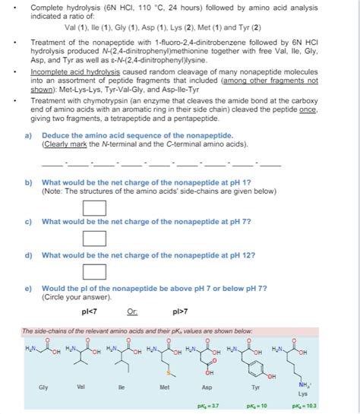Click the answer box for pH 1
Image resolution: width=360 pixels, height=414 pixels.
tap(93, 207)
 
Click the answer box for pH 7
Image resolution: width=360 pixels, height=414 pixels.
tap(93, 239)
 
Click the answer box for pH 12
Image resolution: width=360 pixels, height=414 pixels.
tap(93, 271)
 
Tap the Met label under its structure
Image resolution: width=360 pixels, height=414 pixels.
tap(166, 386)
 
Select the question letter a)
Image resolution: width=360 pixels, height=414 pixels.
tap(28, 134)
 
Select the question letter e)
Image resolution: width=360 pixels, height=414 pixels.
tap(28, 289)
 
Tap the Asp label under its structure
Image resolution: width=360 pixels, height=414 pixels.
tap(206, 386)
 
